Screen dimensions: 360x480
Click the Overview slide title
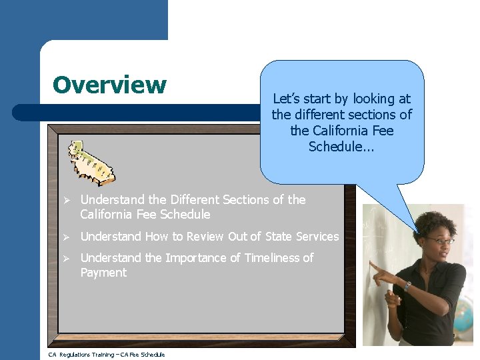109,85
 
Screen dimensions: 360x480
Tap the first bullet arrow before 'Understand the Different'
67,200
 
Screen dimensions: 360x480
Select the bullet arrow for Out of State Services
67,237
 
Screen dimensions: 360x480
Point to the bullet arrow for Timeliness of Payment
67,258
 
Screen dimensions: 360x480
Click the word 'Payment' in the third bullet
103,273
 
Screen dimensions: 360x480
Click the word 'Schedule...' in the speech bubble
341,147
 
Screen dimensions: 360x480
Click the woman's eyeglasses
440,241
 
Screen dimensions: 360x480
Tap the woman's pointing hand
382,272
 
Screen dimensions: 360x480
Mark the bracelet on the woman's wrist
407,286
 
